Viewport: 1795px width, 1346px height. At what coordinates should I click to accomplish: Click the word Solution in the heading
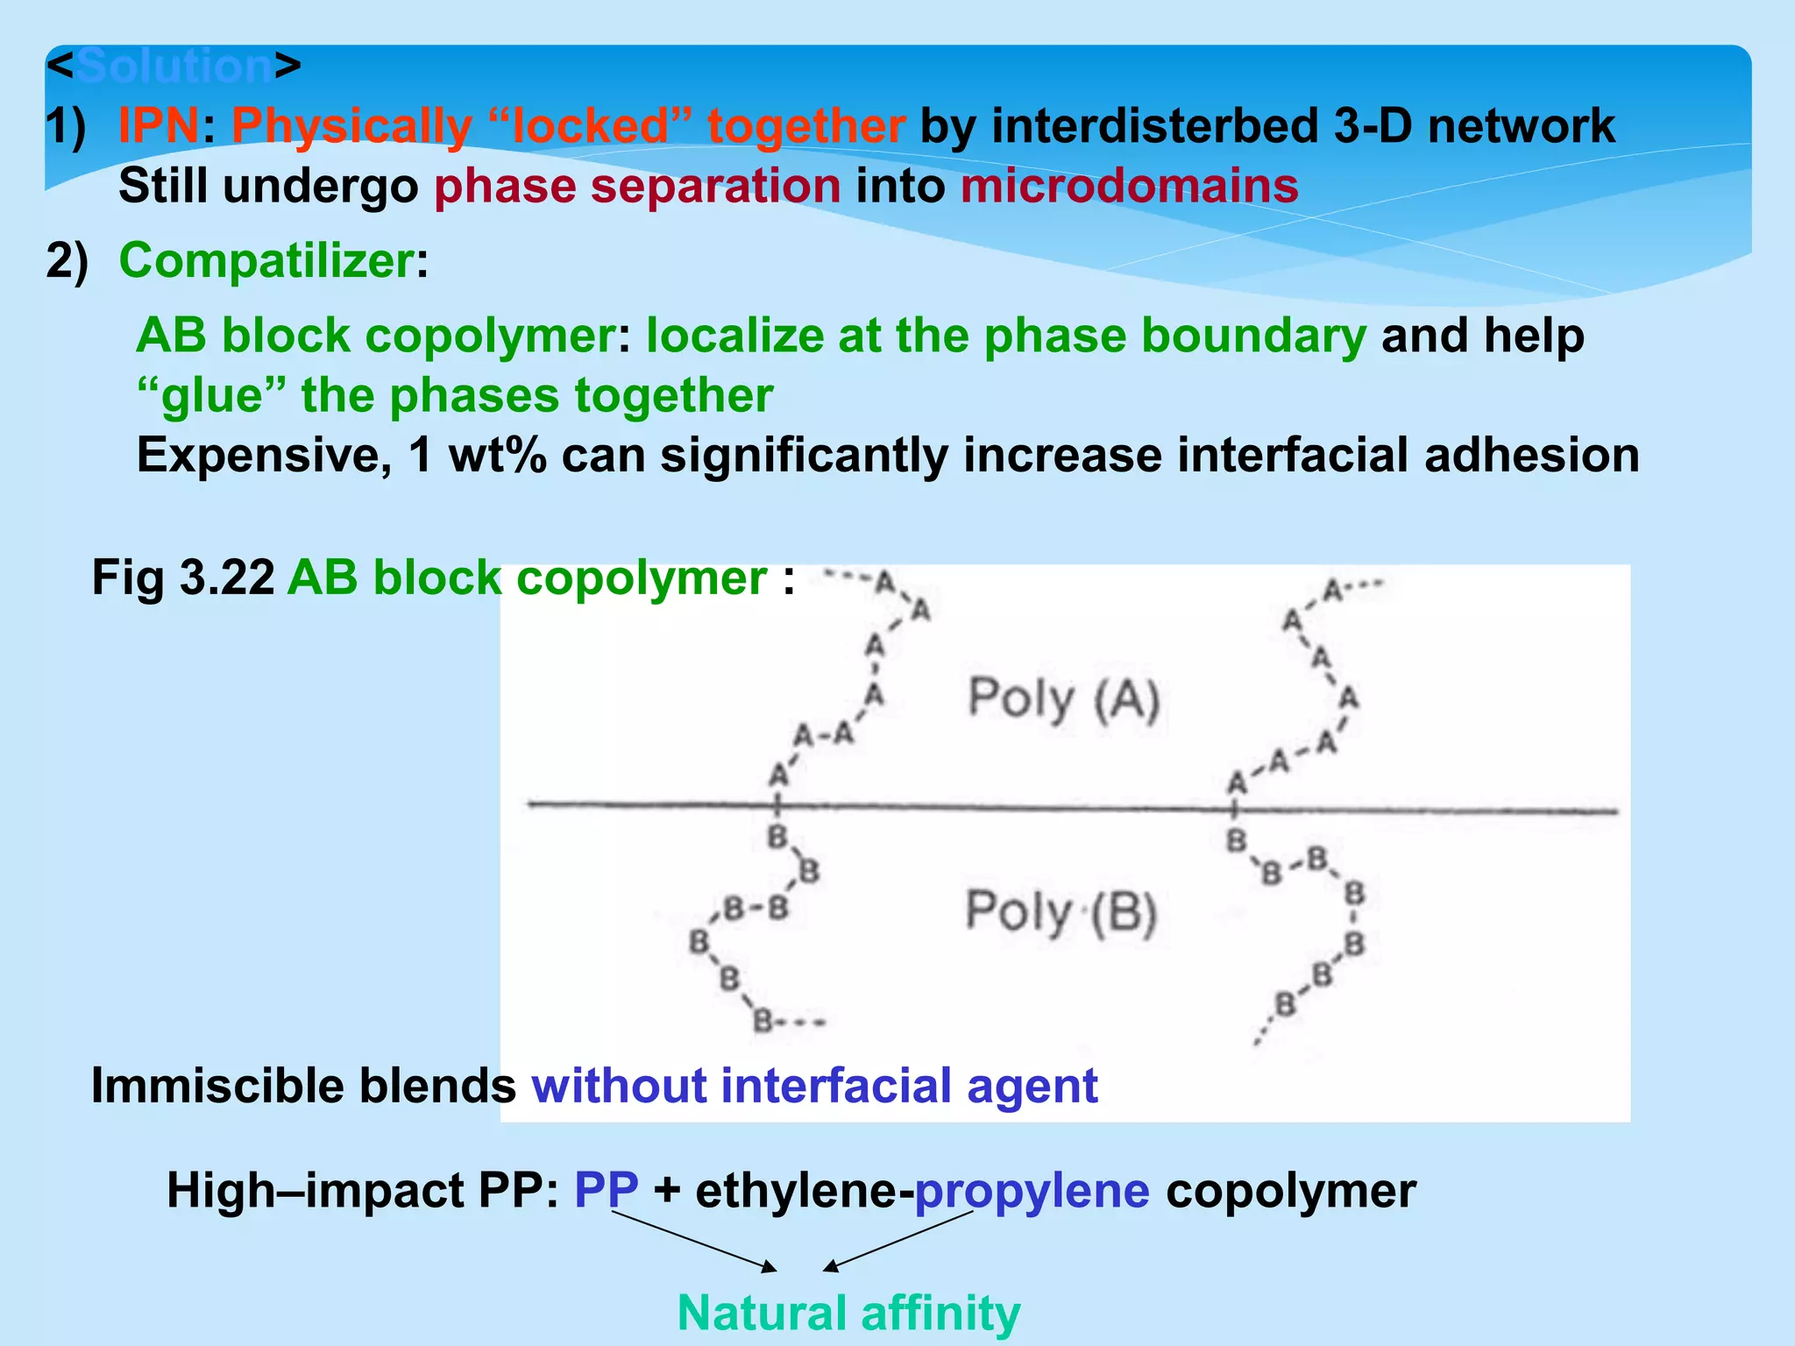click(174, 67)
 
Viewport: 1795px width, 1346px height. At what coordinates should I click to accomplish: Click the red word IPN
click(159, 125)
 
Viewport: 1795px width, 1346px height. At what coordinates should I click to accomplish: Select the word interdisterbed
click(1119, 125)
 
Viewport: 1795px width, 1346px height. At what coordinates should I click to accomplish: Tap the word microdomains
click(1129, 186)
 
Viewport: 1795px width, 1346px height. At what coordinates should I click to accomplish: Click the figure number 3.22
click(227, 578)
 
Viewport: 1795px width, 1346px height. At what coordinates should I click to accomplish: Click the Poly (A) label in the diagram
click(1063, 699)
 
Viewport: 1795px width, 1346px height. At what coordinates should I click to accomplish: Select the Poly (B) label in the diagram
click(1061, 911)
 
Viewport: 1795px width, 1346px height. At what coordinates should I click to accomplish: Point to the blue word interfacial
click(836, 1086)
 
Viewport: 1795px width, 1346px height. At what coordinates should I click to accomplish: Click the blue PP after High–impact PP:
click(606, 1190)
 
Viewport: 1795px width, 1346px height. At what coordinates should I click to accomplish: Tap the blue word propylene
click(1032, 1190)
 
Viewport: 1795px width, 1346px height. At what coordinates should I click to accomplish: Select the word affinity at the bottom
click(940, 1313)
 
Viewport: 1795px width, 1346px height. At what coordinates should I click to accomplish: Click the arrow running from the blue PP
click(693, 1240)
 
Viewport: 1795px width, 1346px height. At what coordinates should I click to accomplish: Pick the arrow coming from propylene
click(898, 1240)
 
